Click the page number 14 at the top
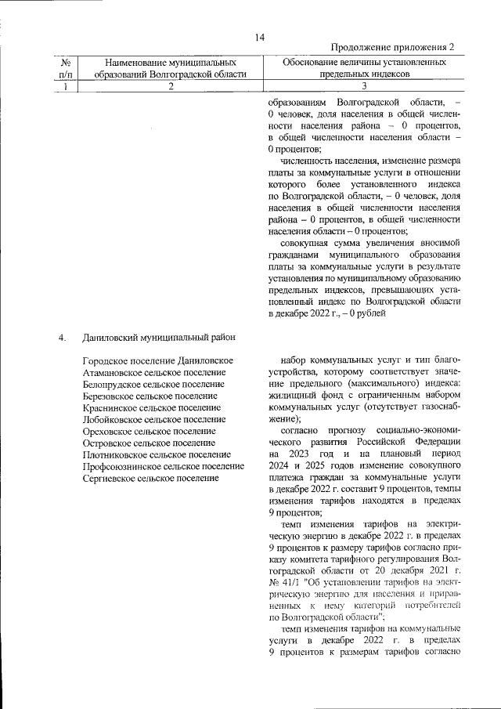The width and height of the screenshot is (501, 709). click(x=260, y=37)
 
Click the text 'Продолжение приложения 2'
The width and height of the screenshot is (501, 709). click(x=393, y=49)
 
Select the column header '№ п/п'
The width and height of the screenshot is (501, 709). click(x=67, y=67)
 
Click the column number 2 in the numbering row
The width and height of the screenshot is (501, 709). click(x=170, y=86)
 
